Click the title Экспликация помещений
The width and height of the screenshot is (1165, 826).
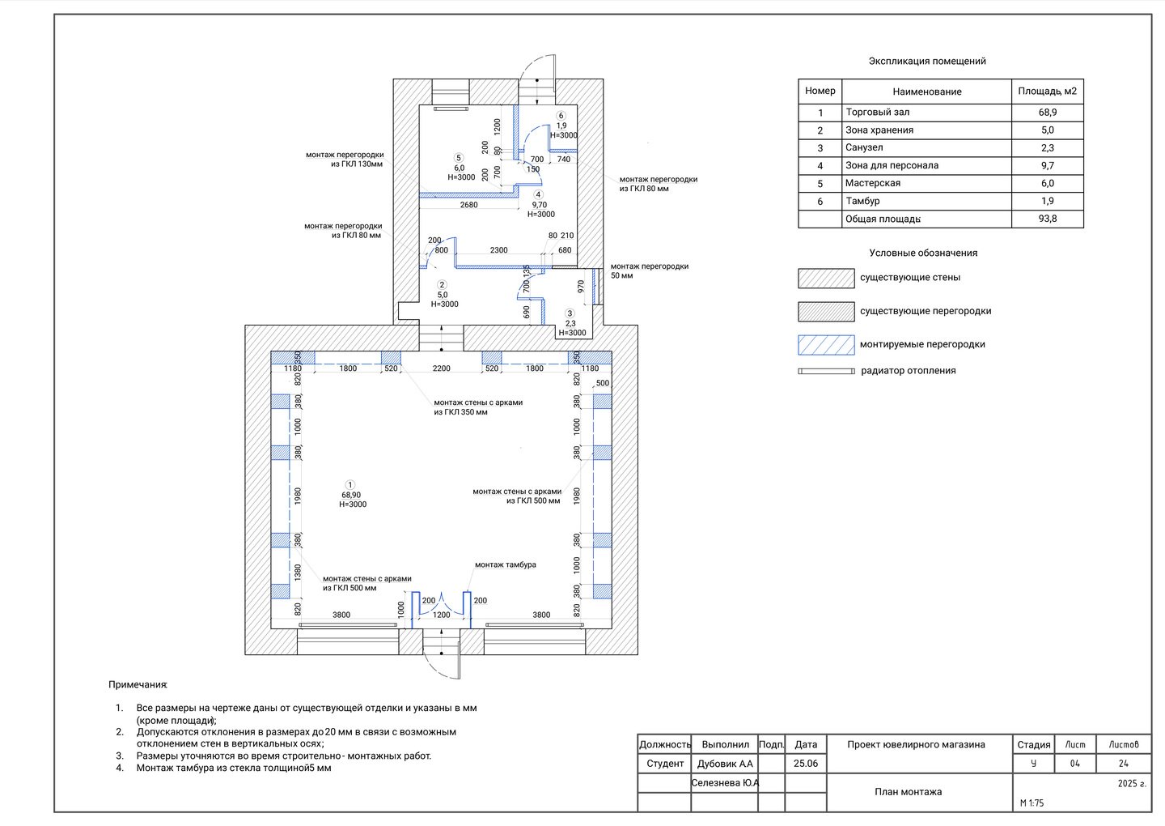coord(927,61)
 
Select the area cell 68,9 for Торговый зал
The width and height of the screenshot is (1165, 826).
coord(1048,113)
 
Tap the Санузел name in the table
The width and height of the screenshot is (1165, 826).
coord(864,147)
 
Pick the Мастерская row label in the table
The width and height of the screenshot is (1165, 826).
coord(873,183)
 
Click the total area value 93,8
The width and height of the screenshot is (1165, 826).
coord(1048,219)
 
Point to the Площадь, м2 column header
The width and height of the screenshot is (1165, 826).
coord(1048,91)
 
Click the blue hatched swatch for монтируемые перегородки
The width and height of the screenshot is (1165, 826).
coord(826,344)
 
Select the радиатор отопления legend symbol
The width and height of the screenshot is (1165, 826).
coord(826,371)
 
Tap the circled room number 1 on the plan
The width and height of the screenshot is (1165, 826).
coord(350,484)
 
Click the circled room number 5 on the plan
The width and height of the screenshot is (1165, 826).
coord(458,158)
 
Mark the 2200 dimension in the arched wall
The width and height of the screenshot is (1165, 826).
coord(441,368)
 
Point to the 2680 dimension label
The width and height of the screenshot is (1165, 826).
coord(468,205)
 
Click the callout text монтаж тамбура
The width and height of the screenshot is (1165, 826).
coord(505,564)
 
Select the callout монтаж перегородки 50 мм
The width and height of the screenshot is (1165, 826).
coord(649,270)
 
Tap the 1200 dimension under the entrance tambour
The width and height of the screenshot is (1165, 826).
coord(441,615)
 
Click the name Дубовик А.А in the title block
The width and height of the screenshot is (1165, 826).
coord(725,764)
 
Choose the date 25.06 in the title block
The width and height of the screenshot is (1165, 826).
coord(806,764)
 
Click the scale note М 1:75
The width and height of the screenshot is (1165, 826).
coord(1032,803)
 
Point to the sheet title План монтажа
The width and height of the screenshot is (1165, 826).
coord(908,792)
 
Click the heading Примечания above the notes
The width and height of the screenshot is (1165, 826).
coord(138,684)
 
